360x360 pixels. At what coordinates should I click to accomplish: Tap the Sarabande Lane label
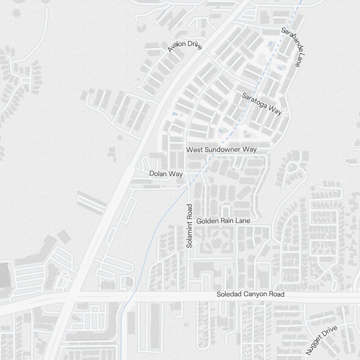[293, 47]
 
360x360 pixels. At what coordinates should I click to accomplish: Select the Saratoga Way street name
[262, 104]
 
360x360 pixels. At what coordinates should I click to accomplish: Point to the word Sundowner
[222, 149]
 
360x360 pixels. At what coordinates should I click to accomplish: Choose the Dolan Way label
[166, 174]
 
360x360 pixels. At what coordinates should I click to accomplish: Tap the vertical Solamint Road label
[190, 226]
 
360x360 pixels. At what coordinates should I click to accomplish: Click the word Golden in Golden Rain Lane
[208, 221]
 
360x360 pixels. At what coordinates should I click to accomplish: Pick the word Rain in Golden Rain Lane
[227, 221]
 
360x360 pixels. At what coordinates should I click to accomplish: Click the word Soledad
[229, 294]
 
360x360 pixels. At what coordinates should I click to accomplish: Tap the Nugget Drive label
[321, 340]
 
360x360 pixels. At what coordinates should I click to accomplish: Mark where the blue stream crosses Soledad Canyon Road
[131, 297]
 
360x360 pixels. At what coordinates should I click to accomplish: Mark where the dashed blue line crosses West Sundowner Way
[212, 153]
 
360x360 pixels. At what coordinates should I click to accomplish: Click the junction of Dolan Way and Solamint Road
[186, 174]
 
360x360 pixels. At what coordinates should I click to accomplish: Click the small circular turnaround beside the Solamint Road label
[195, 243]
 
